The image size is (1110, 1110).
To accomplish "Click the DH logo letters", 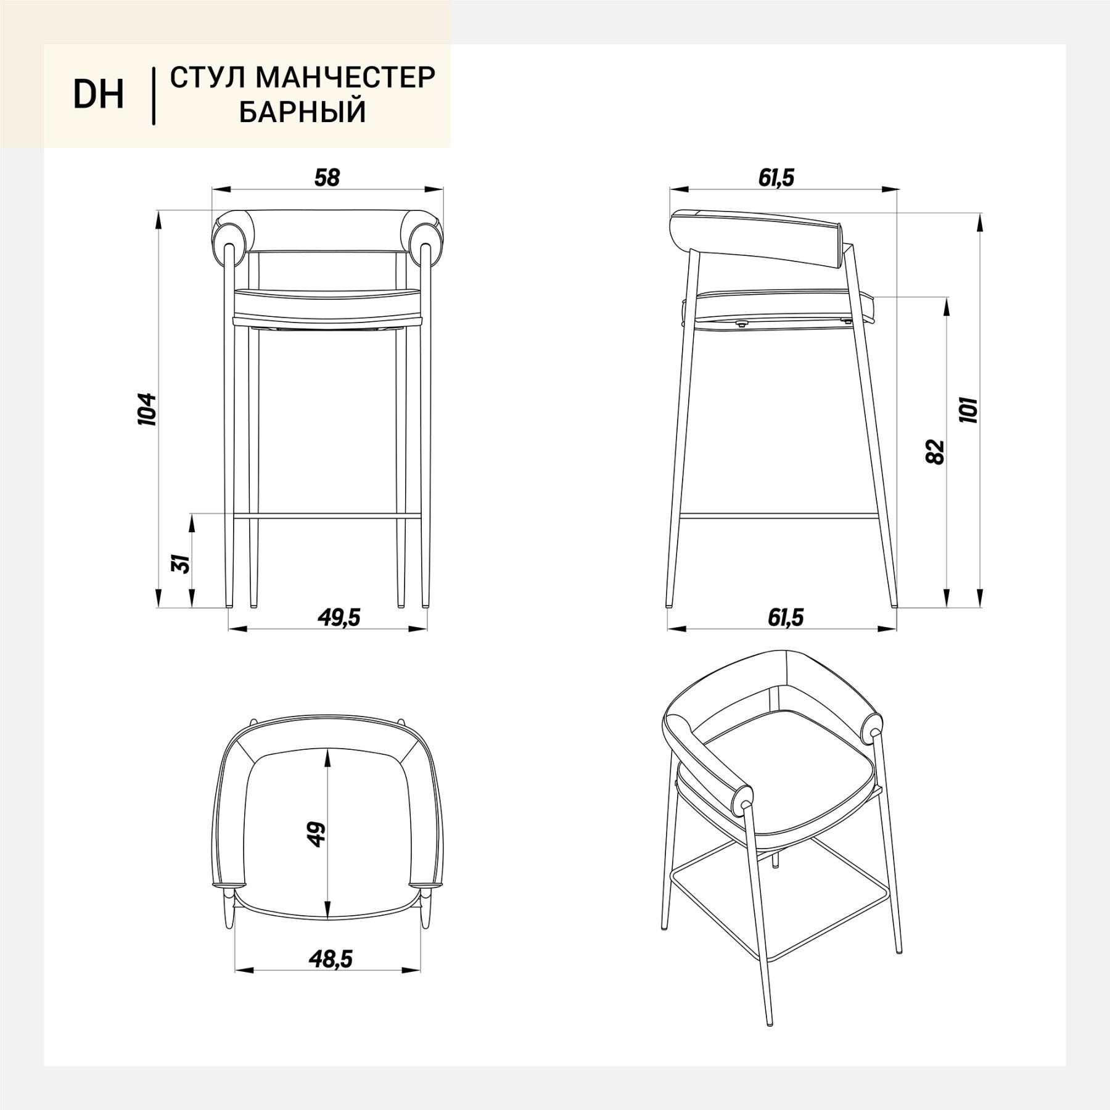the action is tap(99, 95).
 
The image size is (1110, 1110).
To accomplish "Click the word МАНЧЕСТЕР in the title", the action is tap(345, 78).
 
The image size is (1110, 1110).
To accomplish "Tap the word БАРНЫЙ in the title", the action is tap(303, 112).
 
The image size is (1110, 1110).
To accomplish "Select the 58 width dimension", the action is tap(327, 178).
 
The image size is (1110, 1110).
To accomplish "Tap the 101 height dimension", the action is tap(969, 408).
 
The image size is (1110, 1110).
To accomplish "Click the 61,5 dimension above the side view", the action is tap(776, 178).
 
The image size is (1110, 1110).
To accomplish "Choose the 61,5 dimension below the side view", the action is tap(786, 617).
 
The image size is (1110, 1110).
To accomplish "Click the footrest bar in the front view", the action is tap(327, 515).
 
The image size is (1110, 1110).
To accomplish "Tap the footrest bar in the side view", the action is tap(778, 516).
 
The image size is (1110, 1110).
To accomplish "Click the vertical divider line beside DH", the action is tap(153, 96).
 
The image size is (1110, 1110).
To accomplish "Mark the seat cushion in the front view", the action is tap(327, 302).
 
